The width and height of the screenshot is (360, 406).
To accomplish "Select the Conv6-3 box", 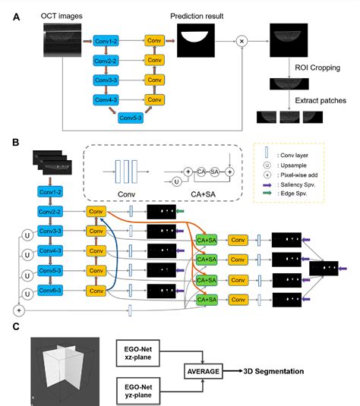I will pyautogui.click(x=50, y=289).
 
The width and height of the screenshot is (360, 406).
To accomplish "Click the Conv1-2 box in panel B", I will pyautogui.click(x=50, y=194).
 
